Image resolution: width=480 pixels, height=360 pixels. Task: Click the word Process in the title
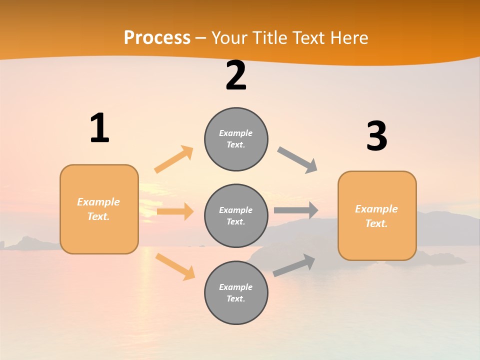157,38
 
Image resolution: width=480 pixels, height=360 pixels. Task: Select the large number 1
99,128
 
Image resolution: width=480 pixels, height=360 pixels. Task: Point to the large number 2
236,75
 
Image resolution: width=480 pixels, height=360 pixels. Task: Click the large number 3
376,136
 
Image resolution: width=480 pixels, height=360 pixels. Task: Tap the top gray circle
236,139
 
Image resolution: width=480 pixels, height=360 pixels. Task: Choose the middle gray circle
236,215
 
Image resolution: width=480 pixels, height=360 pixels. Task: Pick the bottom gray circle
236,292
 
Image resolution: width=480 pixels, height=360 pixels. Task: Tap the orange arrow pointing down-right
175,266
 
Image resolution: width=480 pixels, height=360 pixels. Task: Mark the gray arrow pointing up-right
294,265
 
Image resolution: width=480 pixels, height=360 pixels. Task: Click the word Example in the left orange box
98,202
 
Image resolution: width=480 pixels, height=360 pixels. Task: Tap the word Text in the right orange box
375,223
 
